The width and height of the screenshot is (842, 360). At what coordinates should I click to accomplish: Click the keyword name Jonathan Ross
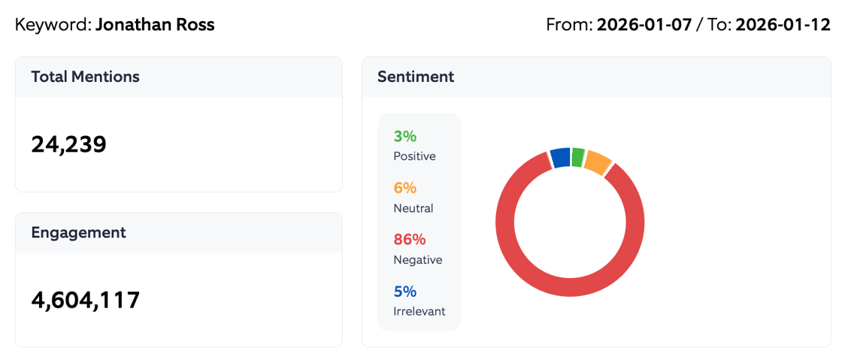click(x=155, y=25)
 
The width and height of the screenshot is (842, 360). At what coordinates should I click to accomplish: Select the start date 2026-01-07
click(x=644, y=25)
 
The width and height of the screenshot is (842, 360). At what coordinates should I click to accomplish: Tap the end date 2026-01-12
click(x=783, y=25)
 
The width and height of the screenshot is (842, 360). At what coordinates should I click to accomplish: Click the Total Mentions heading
click(x=85, y=77)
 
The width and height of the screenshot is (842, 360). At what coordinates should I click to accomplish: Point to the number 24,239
click(x=69, y=144)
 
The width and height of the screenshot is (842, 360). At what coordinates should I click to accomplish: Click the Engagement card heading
click(x=78, y=232)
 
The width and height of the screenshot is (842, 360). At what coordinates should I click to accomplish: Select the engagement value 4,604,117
click(x=86, y=300)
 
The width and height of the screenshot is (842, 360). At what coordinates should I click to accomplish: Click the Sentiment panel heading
click(x=416, y=77)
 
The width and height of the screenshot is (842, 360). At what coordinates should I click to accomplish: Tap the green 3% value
click(x=404, y=136)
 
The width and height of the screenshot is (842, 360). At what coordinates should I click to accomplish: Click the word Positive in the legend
click(x=414, y=156)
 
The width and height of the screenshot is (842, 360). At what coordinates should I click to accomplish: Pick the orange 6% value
click(x=404, y=188)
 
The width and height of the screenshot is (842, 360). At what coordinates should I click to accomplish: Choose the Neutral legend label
click(x=413, y=208)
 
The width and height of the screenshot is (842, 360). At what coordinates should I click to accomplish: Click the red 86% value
click(x=410, y=240)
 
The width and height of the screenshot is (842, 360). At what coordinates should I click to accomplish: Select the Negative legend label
click(x=417, y=260)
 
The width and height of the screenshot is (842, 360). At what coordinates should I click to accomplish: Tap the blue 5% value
click(x=404, y=292)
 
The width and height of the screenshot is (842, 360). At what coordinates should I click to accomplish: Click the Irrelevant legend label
click(x=419, y=311)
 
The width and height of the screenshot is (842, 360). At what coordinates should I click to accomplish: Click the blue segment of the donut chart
click(x=560, y=157)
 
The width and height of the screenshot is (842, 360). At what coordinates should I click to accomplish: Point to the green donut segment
click(x=577, y=156)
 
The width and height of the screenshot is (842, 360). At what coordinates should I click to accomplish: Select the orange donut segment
click(x=598, y=162)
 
